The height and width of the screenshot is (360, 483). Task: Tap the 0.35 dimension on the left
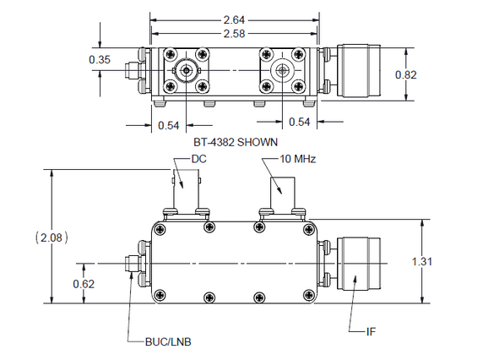[100, 59]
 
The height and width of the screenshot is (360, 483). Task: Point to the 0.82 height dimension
[408, 74]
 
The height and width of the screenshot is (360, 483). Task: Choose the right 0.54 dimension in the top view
[299, 123]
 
